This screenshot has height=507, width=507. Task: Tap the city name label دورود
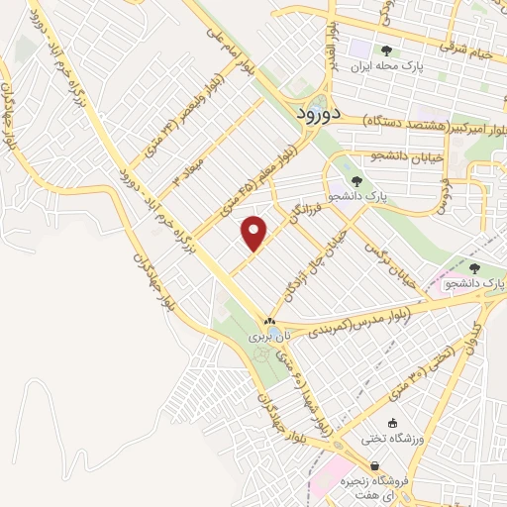tap(319, 114)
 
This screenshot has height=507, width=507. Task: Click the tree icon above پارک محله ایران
tap(387, 51)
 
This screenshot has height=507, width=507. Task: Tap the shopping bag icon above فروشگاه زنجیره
tap(374, 465)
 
